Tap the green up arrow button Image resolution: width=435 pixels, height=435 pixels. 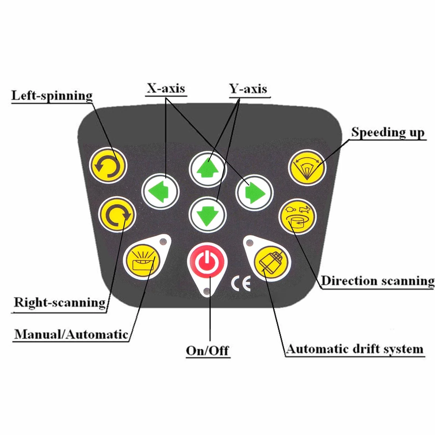pos(208,169)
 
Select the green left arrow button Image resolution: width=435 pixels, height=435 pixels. pos(160,191)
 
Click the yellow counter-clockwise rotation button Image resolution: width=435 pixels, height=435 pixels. pos(108,166)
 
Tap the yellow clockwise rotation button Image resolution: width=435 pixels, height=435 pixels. pos(117,215)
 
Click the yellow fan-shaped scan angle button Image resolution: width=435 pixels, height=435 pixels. pos(307,168)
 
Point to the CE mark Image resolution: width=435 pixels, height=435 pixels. pos(241,284)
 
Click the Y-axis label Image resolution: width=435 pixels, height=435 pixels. pos(249,89)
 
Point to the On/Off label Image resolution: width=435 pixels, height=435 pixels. pos(208,350)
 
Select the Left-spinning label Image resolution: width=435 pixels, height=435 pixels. pos(52,96)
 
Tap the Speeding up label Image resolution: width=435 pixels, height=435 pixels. pos(388,132)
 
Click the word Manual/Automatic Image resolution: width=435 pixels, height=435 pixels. pos(71,334)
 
